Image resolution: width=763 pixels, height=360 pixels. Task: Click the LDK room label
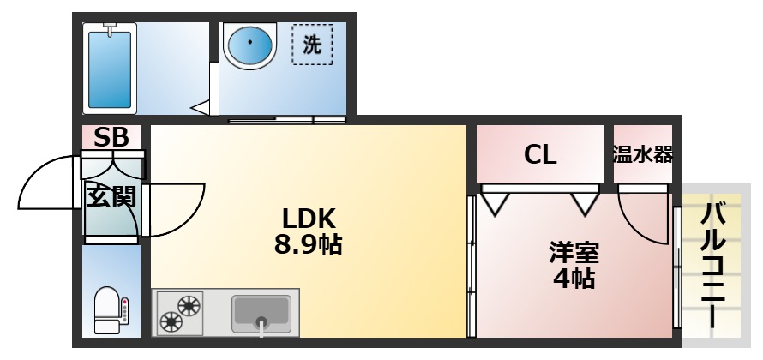[x=308, y=218]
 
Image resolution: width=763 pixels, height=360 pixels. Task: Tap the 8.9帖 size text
[x=308, y=245]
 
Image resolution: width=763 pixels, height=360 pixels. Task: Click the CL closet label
[x=540, y=155]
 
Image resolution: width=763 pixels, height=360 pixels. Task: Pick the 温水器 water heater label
[x=642, y=155]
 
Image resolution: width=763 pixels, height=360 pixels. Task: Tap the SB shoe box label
[x=111, y=137]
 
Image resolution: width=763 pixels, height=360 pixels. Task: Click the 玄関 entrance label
[x=111, y=196]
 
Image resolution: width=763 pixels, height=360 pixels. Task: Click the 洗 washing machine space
[x=312, y=45]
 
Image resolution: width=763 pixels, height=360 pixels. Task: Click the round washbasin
[x=249, y=43]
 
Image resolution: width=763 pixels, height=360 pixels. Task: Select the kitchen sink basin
[x=261, y=312]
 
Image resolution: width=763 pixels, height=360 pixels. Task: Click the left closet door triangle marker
[x=496, y=203]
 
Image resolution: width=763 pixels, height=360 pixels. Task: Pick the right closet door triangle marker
[x=586, y=203]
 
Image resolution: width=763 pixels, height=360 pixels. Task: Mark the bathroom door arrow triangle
[x=201, y=108]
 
